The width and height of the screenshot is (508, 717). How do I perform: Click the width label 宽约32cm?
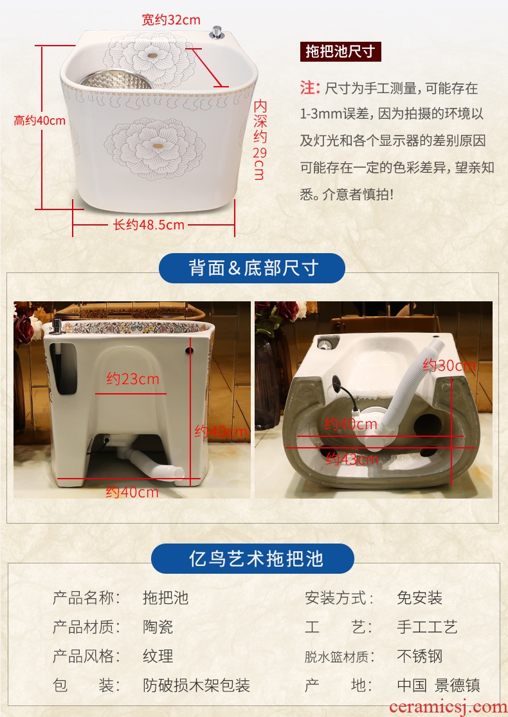click(x=170, y=20)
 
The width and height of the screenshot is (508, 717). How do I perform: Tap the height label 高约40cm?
click(x=40, y=121)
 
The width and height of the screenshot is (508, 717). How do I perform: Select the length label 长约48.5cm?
click(x=149, y=224)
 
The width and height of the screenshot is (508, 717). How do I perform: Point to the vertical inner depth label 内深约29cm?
click(x=260, y=139)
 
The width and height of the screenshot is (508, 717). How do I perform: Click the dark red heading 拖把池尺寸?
click(x=341, y=51)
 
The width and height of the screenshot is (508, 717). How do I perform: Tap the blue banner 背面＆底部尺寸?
click(x=252, y=268)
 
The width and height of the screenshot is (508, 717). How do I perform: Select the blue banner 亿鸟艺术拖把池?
click(x=253, y=558)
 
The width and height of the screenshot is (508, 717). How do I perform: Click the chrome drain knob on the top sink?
click(x=217, y=33)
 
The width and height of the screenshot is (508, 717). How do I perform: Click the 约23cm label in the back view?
click(x=132, y=378)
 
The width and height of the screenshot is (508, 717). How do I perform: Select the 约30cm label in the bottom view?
click(x=449, y=366)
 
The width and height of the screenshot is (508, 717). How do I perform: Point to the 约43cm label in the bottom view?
click(x=352, y=459)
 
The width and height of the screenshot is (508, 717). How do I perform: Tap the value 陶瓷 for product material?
click(x=158, y=627)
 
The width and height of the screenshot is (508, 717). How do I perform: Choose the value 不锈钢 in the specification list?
click(x=420, y=656)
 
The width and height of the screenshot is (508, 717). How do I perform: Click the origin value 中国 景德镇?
click(x=439, y=686)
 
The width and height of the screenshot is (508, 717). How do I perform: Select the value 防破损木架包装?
click(x=196, y=686)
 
